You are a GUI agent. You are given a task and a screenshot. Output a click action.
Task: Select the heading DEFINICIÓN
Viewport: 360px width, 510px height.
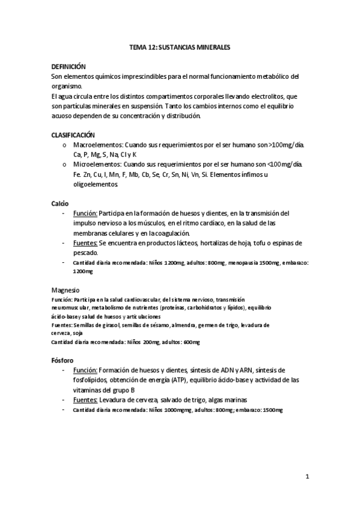[69, 67]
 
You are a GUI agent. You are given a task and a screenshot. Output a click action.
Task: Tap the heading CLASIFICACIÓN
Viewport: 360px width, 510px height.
[73, 135]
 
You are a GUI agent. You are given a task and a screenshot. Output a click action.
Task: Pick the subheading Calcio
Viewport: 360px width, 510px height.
[60, 203]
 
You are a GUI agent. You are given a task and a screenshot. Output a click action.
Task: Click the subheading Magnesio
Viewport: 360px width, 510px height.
[65, 289]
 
